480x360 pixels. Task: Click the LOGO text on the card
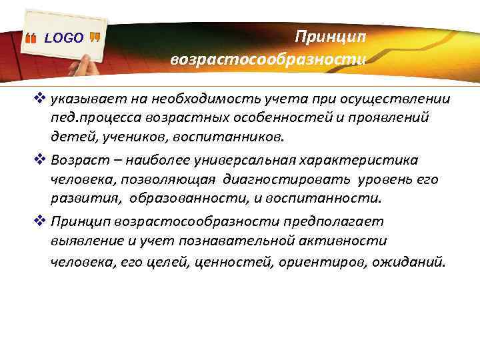63,38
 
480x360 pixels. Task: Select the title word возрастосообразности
268,59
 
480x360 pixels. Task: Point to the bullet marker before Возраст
39,160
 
